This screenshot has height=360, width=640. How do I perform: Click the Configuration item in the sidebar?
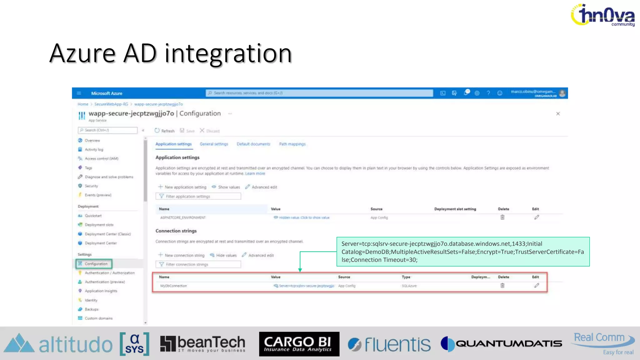pos(96,264)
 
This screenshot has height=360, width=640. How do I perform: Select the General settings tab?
pos(214,144)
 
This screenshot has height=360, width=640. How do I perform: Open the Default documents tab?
pos(253,144)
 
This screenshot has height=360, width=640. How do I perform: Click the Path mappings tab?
pos(292,144)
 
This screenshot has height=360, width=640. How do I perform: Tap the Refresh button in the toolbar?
pos(165,131)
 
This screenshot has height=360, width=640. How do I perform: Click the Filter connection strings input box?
pos(198,264)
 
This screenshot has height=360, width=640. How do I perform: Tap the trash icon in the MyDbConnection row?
pos(502,286)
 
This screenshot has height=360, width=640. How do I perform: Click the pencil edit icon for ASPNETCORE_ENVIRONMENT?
pos(536,217)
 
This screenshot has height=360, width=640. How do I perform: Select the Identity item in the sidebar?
pos(91,300)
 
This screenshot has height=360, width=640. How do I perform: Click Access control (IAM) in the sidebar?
pos(101,159)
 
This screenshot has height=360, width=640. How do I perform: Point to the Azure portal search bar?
pos(319,93)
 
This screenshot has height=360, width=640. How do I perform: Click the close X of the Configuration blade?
pos(558,114)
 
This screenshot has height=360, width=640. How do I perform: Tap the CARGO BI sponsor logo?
pos(299,344)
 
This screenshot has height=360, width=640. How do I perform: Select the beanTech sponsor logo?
pos(202,344)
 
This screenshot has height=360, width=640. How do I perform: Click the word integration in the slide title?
pos(228,54)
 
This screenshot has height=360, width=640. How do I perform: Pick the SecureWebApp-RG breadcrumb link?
pos(111,104)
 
